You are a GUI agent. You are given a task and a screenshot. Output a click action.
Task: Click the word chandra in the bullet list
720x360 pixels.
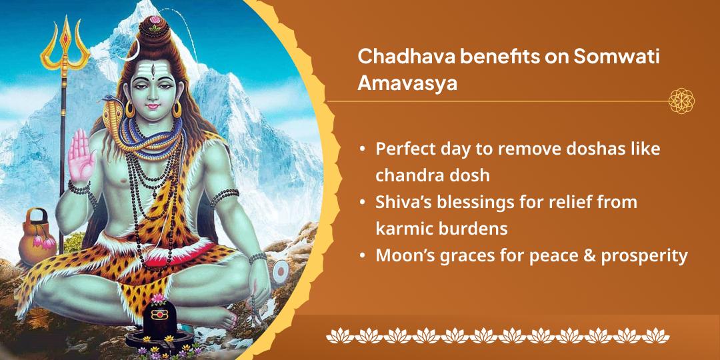pyautogui.click(x=406, y=175)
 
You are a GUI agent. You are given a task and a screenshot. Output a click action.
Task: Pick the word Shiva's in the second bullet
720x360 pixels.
pyautogui.click(x=404, y=203)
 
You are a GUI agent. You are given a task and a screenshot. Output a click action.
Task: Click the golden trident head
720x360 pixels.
pyautogui.click(x=65, y=43)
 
